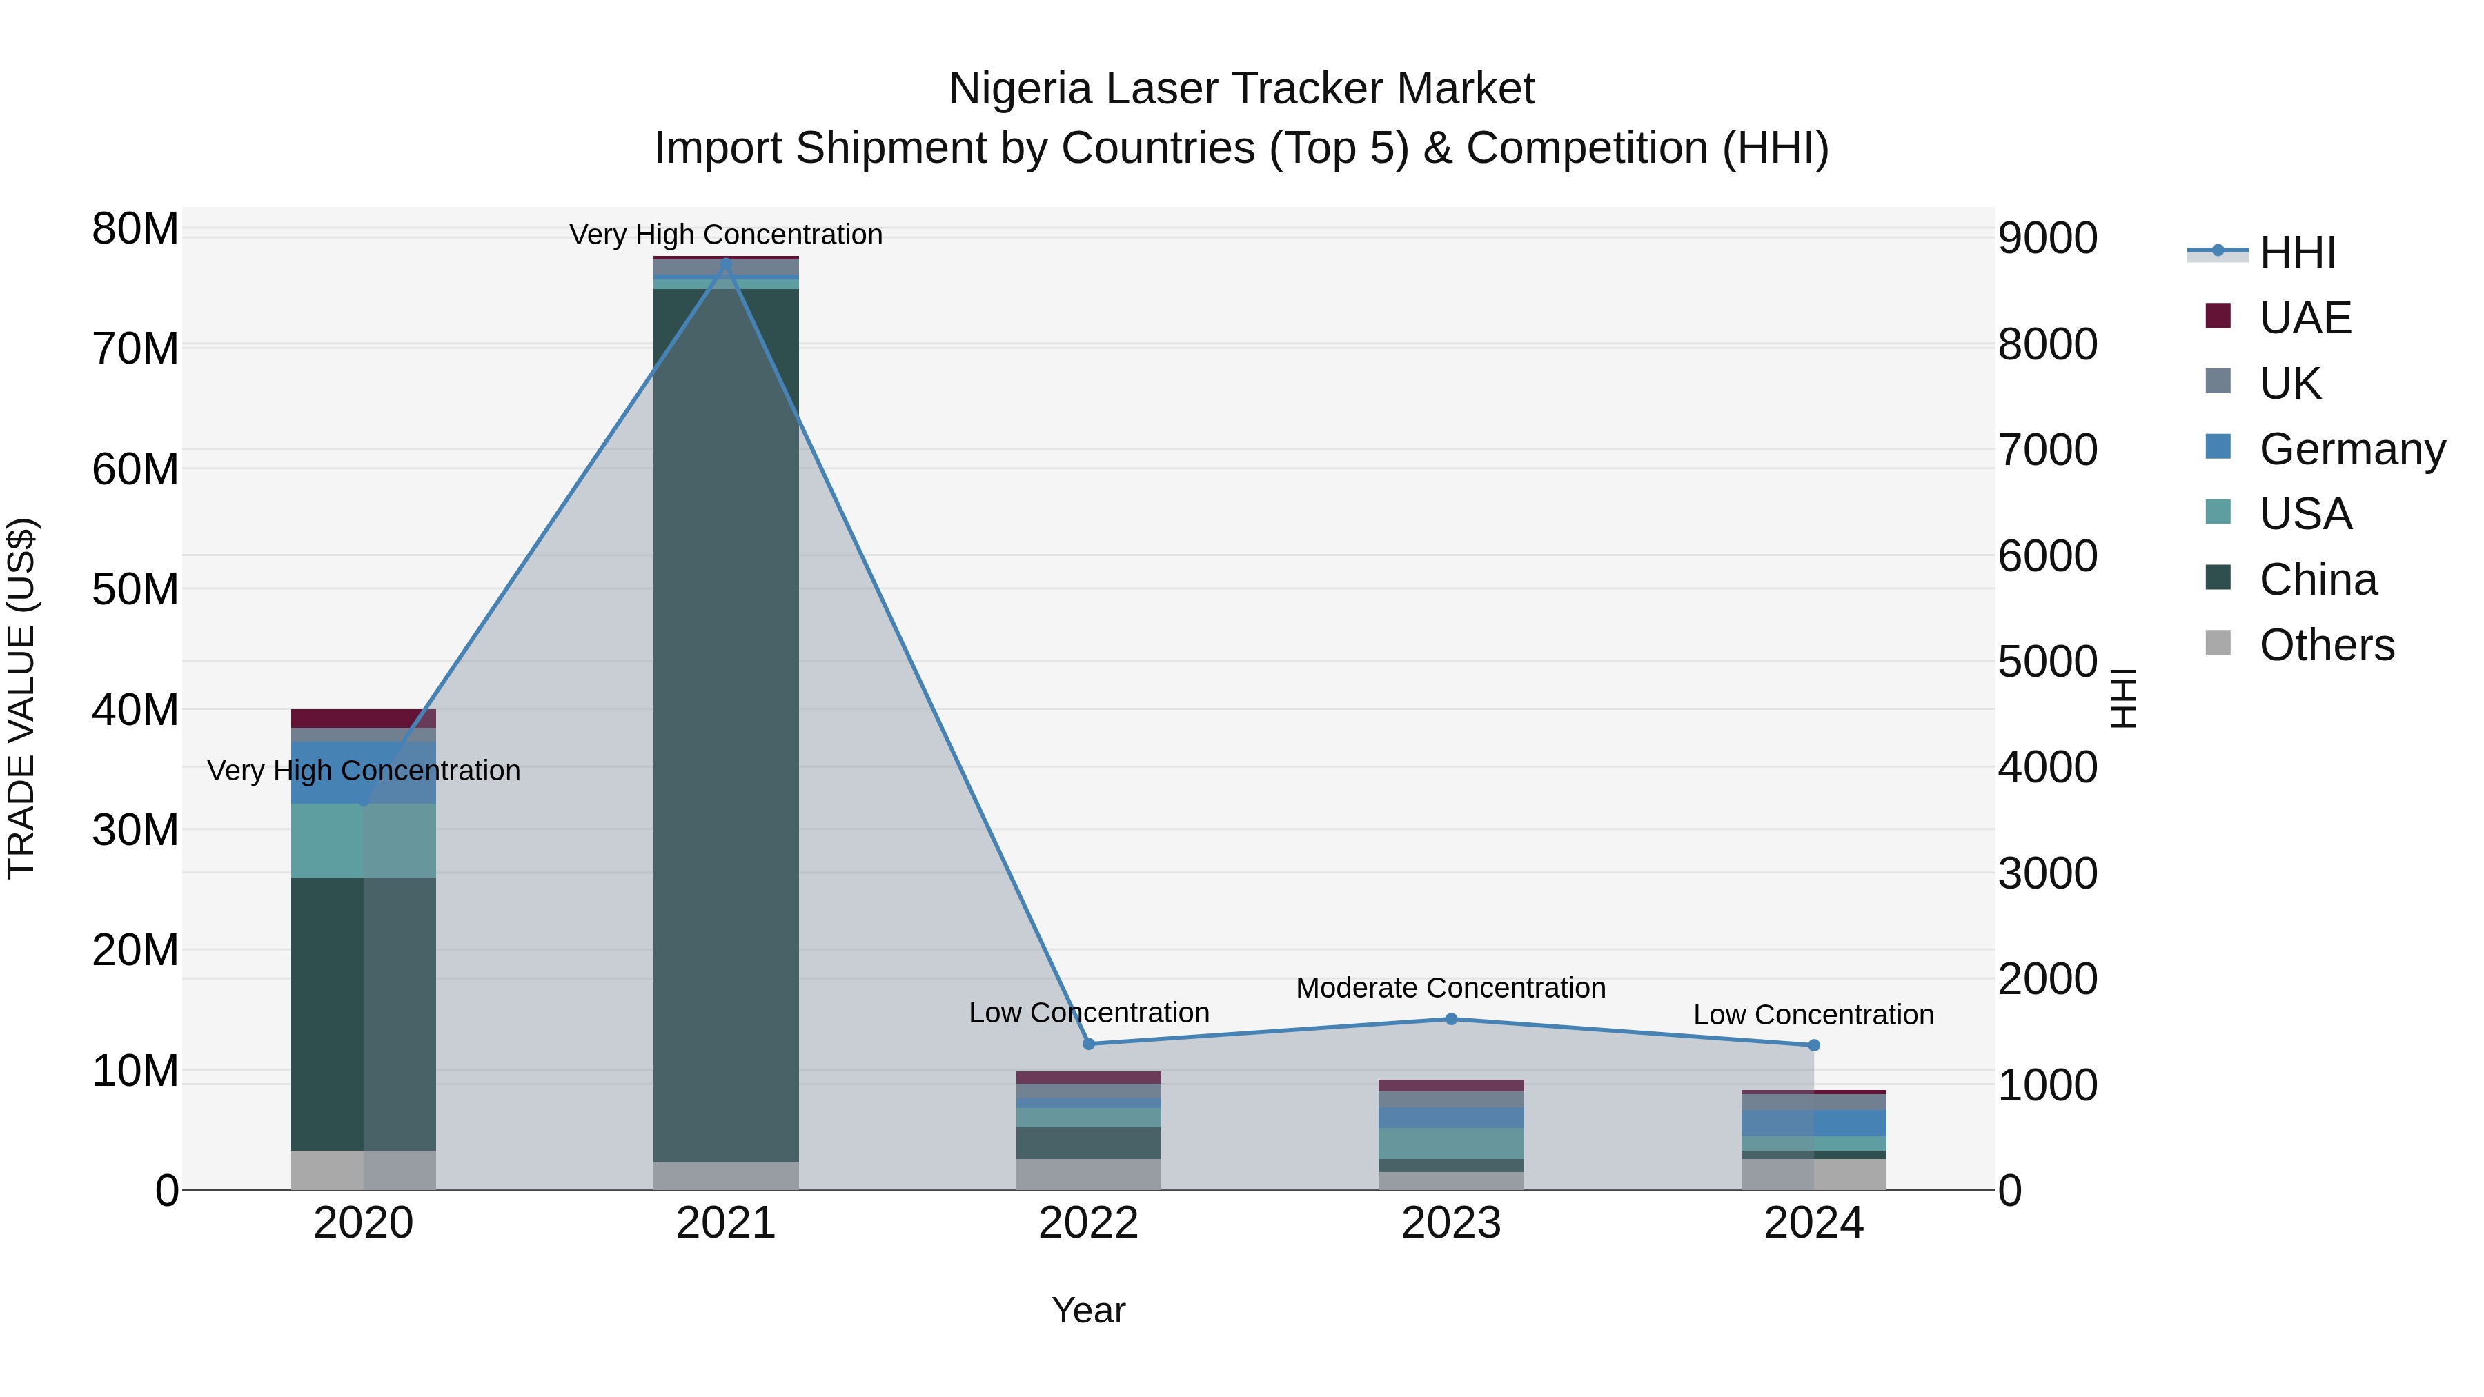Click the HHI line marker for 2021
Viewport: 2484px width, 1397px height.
726,264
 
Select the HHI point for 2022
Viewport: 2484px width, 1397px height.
1089,1043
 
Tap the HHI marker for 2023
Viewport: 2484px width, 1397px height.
1451,1019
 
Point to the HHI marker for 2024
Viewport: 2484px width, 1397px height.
1814,1045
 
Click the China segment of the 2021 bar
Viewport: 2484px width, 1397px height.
726,723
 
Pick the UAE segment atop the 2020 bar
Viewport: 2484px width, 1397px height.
364,718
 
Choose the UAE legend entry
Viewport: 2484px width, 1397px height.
2305,318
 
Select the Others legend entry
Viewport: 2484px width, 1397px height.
2326,645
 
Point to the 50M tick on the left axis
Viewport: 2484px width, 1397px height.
135,589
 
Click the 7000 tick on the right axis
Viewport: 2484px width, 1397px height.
2047,450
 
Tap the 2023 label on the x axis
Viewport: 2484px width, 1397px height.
1451,1223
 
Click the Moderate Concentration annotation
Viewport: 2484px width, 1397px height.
1450,988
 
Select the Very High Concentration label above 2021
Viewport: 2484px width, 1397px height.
726,235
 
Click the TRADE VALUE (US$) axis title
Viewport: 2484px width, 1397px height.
22,698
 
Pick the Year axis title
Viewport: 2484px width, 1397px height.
1089,1310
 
